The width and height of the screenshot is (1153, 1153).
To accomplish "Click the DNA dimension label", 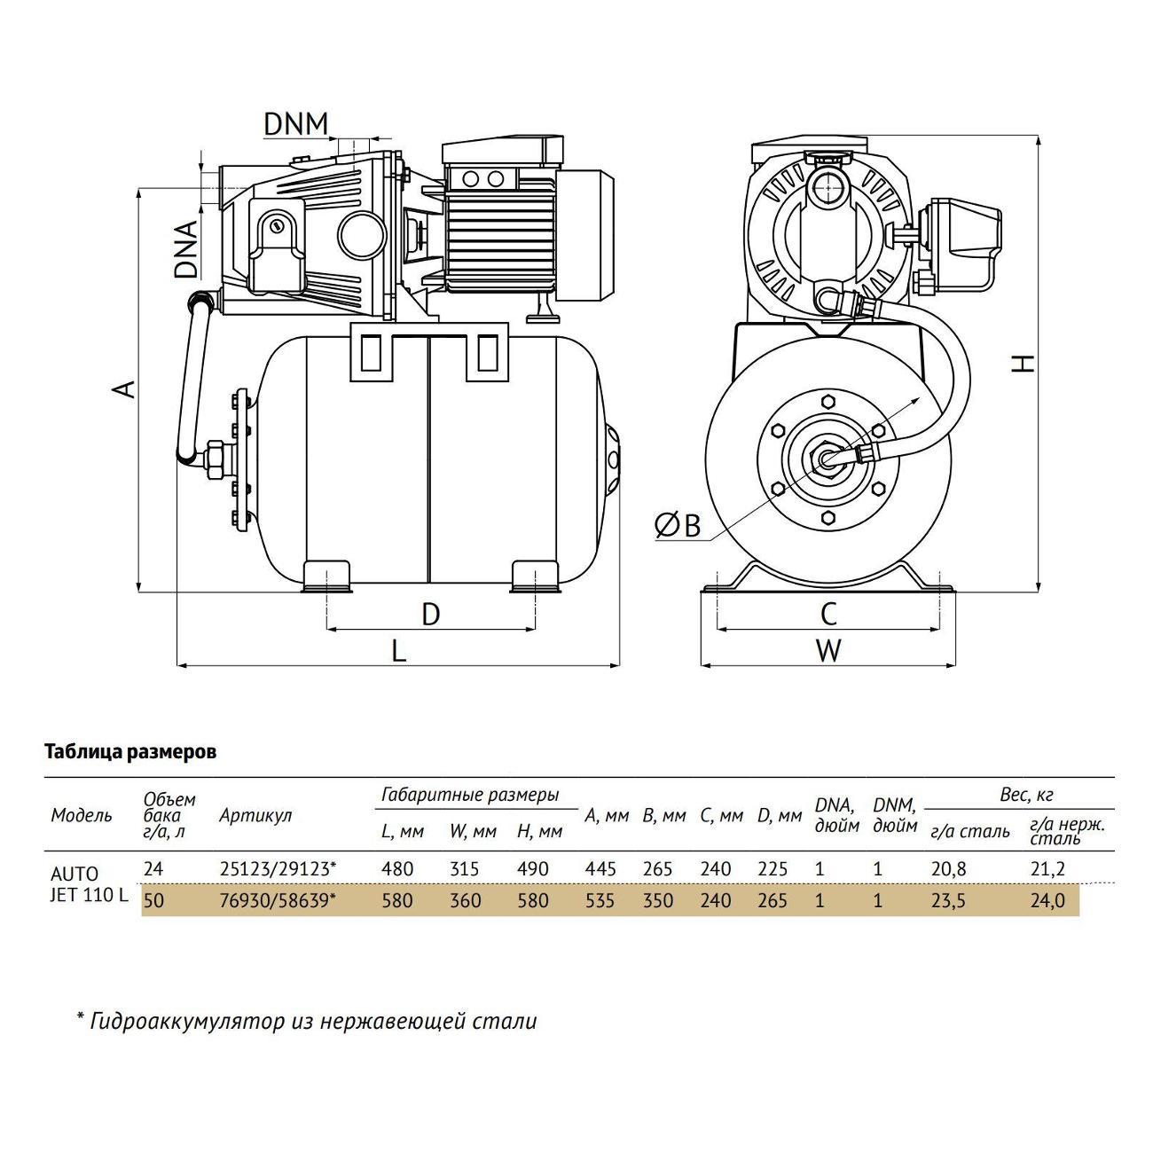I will (x=185, y=249).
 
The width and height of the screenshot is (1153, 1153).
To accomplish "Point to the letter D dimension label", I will (x=430, y=614).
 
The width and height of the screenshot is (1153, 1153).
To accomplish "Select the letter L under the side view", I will (x=399, y=651).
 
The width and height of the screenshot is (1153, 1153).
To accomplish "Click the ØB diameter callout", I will (x=678, y=526).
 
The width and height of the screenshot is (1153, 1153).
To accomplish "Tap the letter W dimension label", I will (x=828, y=651).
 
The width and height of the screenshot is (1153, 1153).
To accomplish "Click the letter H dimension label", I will (x=1024, y=363).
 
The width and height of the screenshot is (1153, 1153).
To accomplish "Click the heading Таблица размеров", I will (x=130, y=752).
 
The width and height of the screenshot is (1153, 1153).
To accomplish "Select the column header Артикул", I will (x=255, y=815).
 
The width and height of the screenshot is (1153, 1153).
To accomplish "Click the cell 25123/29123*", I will (x=278, y=869).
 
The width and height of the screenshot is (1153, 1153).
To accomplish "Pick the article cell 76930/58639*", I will (x=278, y=901).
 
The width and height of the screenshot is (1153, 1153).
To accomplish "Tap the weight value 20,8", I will (x=949, y=869).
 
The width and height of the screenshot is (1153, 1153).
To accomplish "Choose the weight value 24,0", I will (x=1047, y=901).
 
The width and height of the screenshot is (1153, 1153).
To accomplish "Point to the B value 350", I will (x=657, y=901).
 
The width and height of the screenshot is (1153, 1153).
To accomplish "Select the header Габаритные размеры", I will (x=470, y=795).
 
